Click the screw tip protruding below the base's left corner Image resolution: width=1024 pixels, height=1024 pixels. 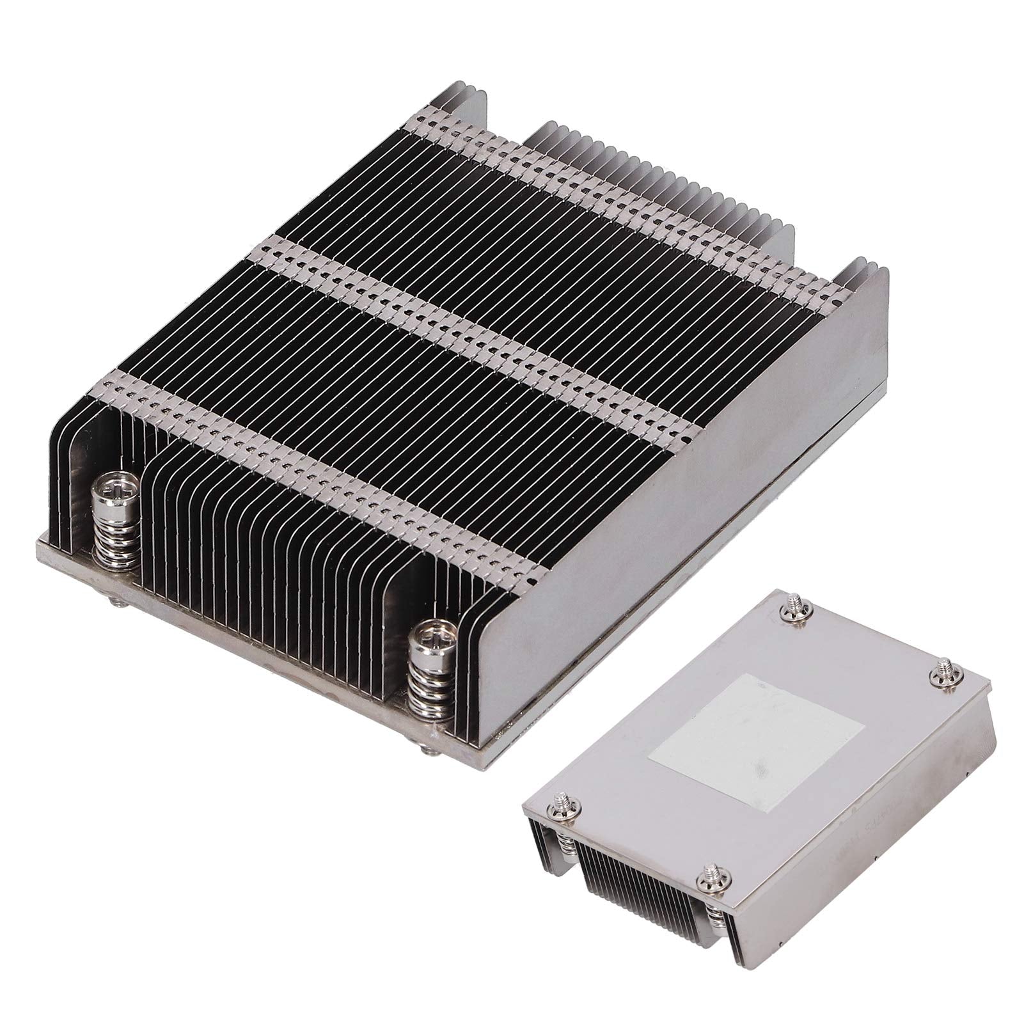(120, 601)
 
